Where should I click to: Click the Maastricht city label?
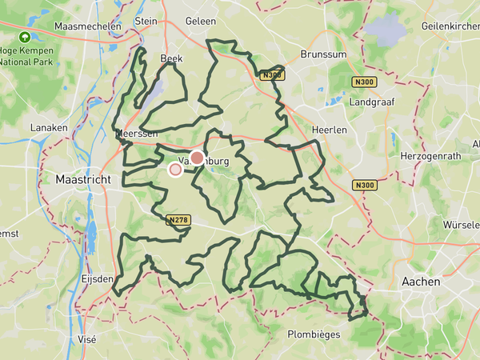click(x=83, y=180)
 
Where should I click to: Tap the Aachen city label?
click(x=418, y=282)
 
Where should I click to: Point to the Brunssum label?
click(x=322, y=54)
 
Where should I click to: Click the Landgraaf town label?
click(x=367, y=102)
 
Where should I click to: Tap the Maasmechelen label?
click(x=88, y=26)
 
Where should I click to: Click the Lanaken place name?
click(x=47, y=128)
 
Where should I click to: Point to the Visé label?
click(x=86, y=339)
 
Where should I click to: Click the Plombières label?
click(x=314, y=334)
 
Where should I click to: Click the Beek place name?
click(x=171, y=58)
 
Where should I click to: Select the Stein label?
click(x=146, y=22)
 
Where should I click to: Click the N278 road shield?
click(x=178, y=218)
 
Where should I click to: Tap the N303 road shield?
click(x=270, y=75)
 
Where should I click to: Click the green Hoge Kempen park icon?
click(x=25, y=37)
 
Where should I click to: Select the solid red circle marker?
click(x=197, y=158)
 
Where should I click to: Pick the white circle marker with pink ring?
click(x=175, y=169)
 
